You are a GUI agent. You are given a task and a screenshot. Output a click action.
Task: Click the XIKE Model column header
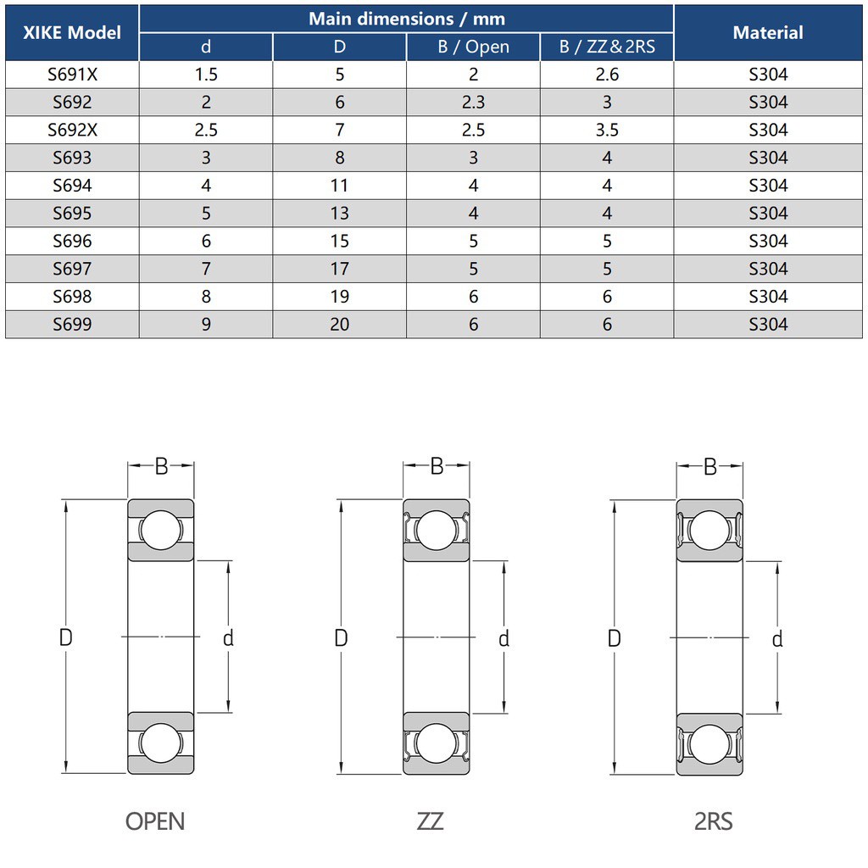click(x=72, y=33)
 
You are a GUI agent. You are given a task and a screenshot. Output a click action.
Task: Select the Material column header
click(x=768, y=33)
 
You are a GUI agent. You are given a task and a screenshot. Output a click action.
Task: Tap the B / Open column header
click(x=473, y=47)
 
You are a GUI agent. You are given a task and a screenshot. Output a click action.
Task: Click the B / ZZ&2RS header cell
click(x=607, y=47)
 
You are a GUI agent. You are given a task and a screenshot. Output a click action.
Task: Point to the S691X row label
click(x=72, y=75)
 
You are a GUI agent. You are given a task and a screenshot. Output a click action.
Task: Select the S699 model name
click(x=72, y=324)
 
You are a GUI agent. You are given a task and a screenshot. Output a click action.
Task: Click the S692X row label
click(x=72, y=130)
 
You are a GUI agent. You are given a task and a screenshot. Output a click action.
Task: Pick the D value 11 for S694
click(x=339, y=185)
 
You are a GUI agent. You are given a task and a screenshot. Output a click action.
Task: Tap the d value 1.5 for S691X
click(x=206, y=75)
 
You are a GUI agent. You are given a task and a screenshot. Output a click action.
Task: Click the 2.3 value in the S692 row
click(x=473, y=102)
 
